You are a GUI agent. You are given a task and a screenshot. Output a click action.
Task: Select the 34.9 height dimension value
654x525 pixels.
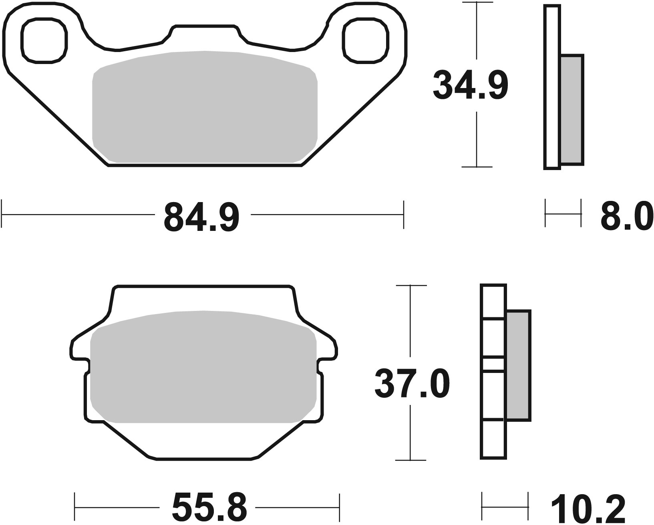tap(470, 85)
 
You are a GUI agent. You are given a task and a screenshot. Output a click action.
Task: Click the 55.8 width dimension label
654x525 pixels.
tap(209, 507)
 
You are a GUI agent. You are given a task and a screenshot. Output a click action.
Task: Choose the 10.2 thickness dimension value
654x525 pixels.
tap(588, 507)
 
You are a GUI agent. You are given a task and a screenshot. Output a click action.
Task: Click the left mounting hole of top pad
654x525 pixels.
tap(44, 40)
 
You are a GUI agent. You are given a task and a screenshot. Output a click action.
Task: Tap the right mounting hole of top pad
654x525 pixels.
tap(365, 40)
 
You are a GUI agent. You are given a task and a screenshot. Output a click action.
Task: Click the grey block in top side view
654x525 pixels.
tap(571, 109)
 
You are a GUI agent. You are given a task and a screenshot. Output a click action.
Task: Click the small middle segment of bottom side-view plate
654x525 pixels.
tap(493, 364)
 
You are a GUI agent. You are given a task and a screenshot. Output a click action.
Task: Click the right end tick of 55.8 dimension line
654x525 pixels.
tap(340, 507)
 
